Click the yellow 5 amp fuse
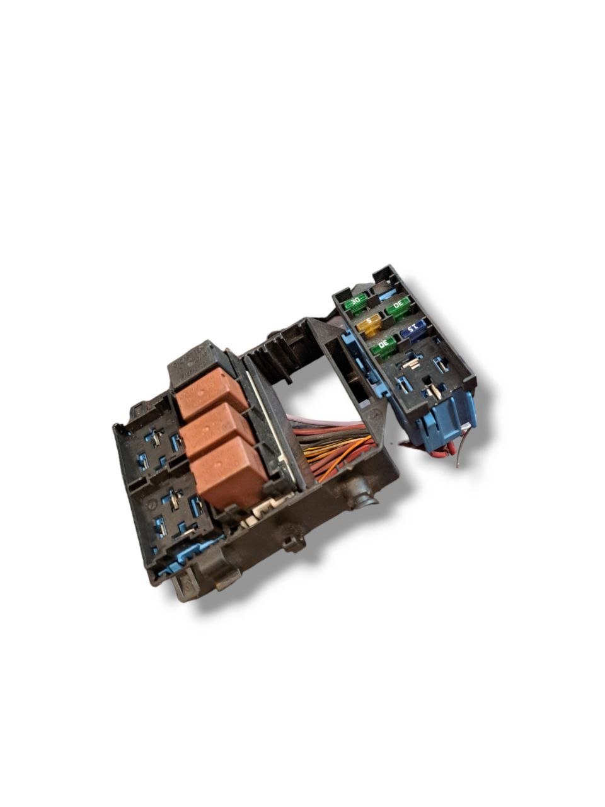pyautogui.click(x=369, y=325)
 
